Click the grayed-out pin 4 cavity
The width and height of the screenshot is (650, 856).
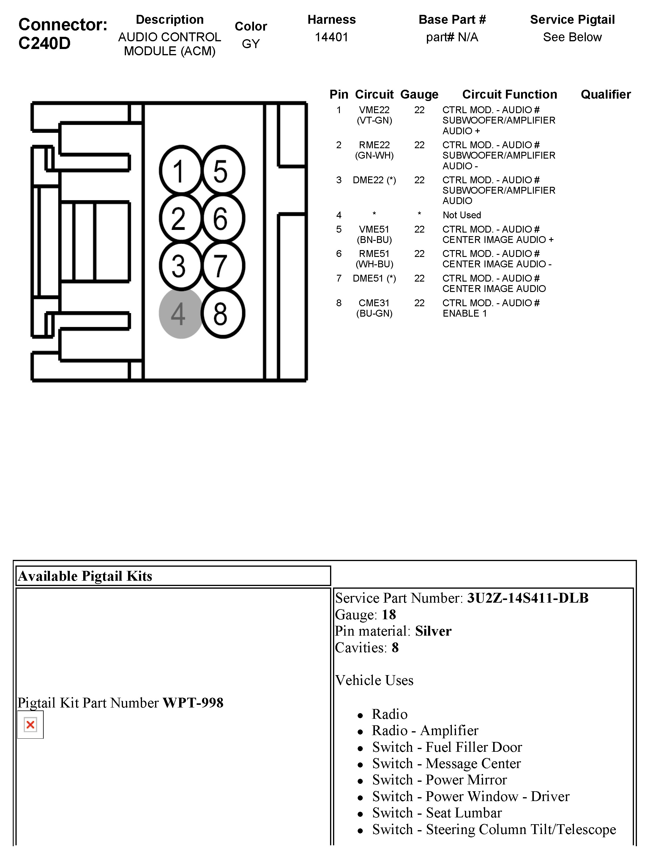coord(180,313)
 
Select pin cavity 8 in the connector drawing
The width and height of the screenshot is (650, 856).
coord(223,313)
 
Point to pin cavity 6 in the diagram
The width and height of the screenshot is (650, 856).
coord(223,219)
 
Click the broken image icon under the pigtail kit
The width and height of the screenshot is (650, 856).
coord(30,724)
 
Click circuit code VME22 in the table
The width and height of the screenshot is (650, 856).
coord(374,110)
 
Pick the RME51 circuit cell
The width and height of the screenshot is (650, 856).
coord(374,254)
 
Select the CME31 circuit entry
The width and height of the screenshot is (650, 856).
coord(374,303)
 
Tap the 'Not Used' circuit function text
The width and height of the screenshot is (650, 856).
coord(461,215)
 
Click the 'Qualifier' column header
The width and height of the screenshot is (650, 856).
coord(605,94)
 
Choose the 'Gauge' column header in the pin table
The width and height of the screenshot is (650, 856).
coord(419,94)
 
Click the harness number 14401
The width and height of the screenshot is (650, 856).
coord(332,37)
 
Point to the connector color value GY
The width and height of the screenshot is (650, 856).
coord(250,44)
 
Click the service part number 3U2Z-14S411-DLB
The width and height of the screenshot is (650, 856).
coord(528,598)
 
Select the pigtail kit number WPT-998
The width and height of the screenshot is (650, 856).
coord(193,703)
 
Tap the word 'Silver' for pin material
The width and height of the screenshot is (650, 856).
coord(433,631)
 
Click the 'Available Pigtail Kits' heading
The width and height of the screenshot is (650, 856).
coord(85,576)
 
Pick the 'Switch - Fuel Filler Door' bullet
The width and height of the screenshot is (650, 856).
coord(447,747)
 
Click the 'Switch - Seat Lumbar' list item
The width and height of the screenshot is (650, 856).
coord(437,813)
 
